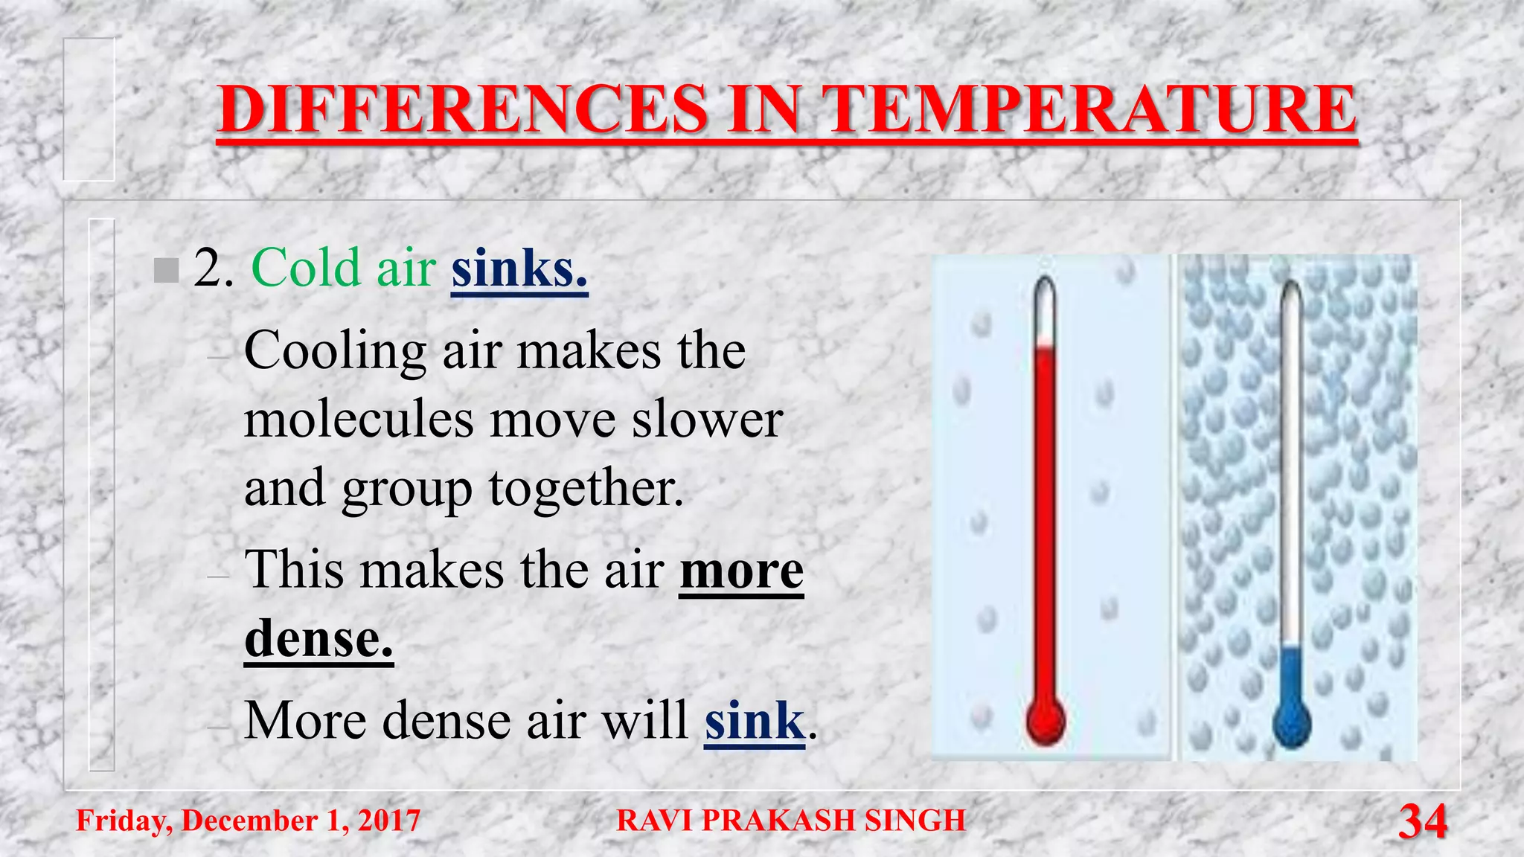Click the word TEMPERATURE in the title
[1089, 109]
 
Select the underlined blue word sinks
[519, 268]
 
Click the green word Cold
[307, 268]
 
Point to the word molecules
[359, 419]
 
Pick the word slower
[707, 419]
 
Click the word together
[586, 488]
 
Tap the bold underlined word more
[741, 570]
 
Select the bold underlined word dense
[318, 638]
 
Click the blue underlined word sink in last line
[754, 720]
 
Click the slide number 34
[1422, 821]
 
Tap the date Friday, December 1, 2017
[249, 821]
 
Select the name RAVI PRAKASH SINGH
[791, 821]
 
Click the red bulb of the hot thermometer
[1046, 720]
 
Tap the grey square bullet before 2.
[166, 270]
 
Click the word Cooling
[335, 350]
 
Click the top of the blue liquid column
[1292, 649]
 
